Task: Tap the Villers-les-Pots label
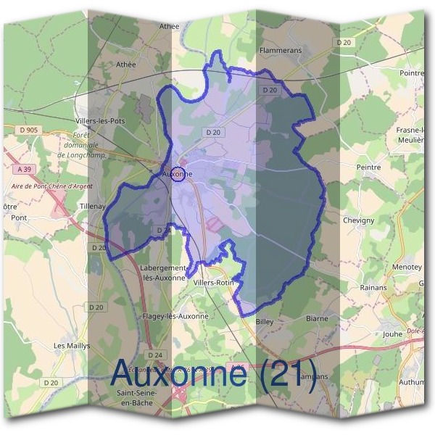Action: (100, 121)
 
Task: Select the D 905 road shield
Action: (30, 130)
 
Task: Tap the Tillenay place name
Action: (92, 207)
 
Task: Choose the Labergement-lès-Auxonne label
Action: (162, 271)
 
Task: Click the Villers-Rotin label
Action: (212, 283)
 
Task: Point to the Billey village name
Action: (263, 320)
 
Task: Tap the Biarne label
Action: (317, 318)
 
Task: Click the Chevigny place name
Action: (358, 220)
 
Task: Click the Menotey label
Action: (407, 267)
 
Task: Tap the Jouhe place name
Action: (391, 334)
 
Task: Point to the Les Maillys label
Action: (72, 347)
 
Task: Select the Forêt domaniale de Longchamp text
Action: (80, 145)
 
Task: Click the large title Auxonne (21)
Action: (214, 375)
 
